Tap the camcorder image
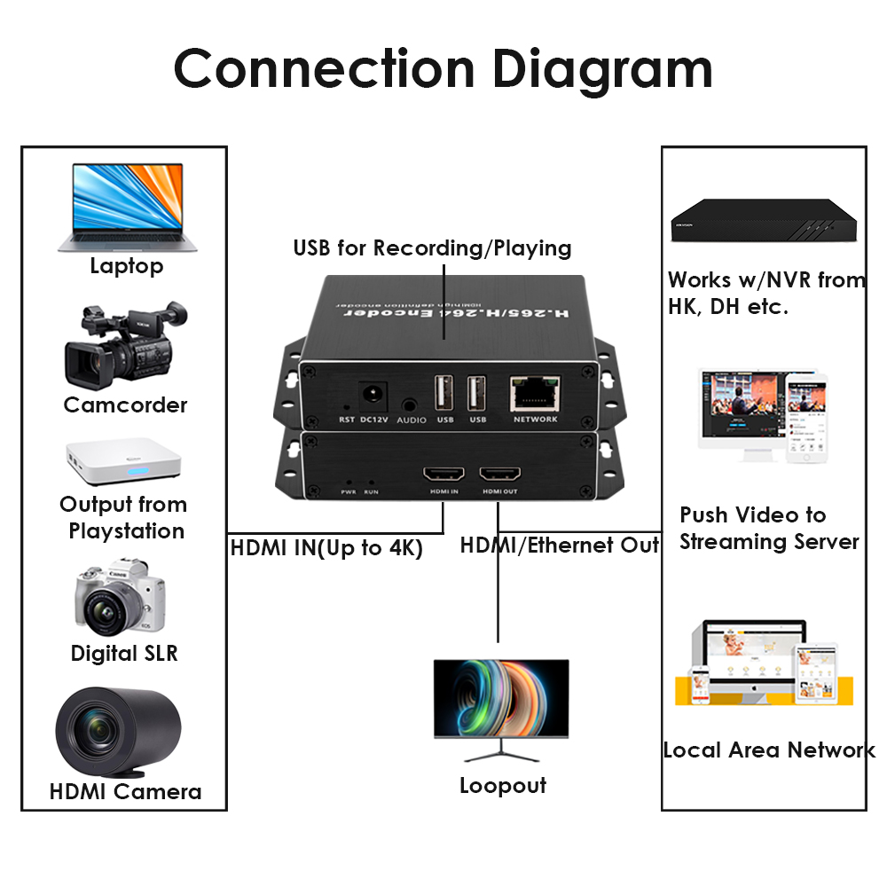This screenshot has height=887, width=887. click(124, 349)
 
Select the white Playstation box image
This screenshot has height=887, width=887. click(124, 461)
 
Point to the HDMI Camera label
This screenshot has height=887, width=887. click(125, 791)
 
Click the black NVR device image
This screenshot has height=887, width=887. click(765, 221)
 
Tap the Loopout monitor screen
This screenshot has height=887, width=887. click(501, 698)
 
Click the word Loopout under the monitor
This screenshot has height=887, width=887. click(502, 786)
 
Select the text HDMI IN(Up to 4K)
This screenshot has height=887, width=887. click(326, 547)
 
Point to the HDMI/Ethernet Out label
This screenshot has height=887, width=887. click(560, 545)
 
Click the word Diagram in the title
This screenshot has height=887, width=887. click(602, 68)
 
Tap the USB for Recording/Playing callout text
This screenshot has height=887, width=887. click(432, 247)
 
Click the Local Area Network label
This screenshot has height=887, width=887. click(768, 750)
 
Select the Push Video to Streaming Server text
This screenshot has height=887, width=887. click(768, 528)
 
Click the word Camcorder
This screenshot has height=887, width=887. click(125, 405)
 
